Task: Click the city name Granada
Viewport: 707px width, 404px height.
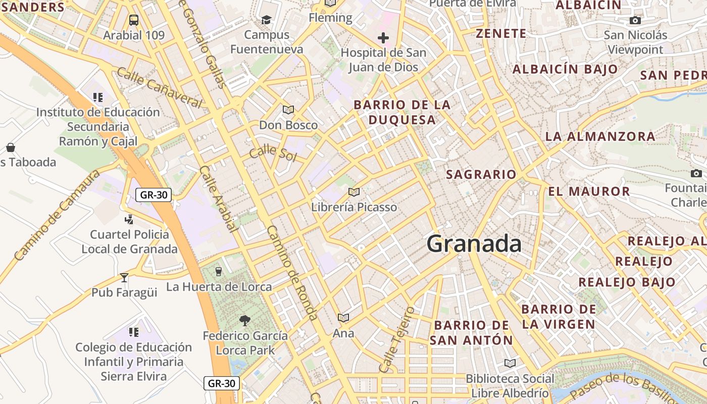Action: pyautogui.click(x=474, y=244)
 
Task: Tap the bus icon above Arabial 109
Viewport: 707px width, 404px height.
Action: pyautogui.click(x=133, y=20)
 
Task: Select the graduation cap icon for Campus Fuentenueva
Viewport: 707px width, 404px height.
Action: pyautogui.click(x=266, y=20)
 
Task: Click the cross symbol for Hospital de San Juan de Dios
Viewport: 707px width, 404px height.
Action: pyautogui.click(x=383, y=37)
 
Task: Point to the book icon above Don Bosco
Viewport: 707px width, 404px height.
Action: pyautogui.click(x=288, y=110)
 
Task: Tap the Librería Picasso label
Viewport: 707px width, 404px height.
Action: pyautogui.click(x=354, y=207)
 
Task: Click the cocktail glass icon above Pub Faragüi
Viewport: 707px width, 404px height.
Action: pyautogui.click(x=124, y=277)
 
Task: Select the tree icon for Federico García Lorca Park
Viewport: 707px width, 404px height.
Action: pyautogui.click(x=245, y=320)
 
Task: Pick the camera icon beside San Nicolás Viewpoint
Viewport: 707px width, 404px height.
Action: pyautogui.click(x=635, y=21)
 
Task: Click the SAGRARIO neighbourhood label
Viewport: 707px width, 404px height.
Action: pyautogui.click(x=481, y=175)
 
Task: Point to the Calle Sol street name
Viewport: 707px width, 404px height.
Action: pyautogui.click(x=273, y=153)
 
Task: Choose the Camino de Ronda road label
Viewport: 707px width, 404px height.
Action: pyautogui.click(x=292, y=273)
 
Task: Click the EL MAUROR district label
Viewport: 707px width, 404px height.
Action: pyautogui.click(x=589, y=191)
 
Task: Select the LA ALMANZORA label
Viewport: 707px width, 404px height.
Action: pyautogui.click(x=600, y=136)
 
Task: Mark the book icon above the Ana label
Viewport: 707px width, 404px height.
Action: pyautogui.click(x=343, y=318)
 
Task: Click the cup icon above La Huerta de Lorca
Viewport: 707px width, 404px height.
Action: pyautogui.click(x=218, y=272)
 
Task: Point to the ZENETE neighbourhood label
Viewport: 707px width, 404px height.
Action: pyautogui.click(x=501, y=34)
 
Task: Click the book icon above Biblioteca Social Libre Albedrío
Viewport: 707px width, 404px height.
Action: pyautogui.click(x=510, y=363)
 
